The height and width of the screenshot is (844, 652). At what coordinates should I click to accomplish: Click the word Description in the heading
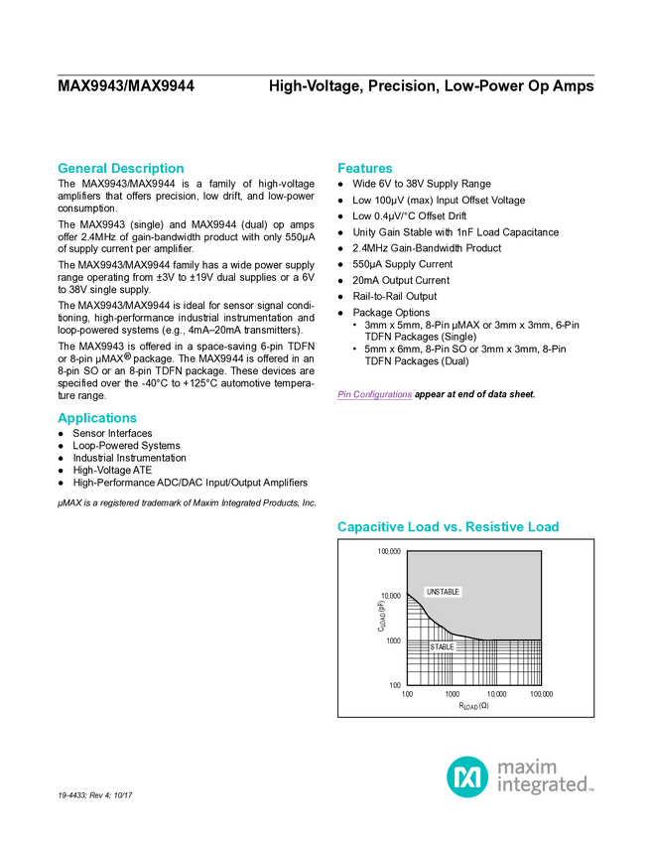[x=148, y=169]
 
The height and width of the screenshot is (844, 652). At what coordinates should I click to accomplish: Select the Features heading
[x=365, y=169]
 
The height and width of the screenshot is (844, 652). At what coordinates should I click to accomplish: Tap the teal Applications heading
[x=96, y=419]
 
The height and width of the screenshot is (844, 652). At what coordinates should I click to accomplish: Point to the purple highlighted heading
[x=374, y=395]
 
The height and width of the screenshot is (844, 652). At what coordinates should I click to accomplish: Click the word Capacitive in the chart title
[x=366, y=527]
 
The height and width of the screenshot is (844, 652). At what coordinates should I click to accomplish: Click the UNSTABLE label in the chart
[x=443, y=592]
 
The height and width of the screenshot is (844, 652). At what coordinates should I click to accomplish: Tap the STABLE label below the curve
[x=442, y=647]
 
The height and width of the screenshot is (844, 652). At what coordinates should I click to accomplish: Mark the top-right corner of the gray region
[x=540, y=553]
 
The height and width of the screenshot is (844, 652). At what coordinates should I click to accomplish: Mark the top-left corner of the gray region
[x=409, y=553]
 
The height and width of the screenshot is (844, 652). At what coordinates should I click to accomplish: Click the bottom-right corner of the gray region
[x=540, y=637]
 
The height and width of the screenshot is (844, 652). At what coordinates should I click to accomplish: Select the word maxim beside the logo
[x=527, y=767]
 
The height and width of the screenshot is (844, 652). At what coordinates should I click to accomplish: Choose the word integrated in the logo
[x=544, y=786]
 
